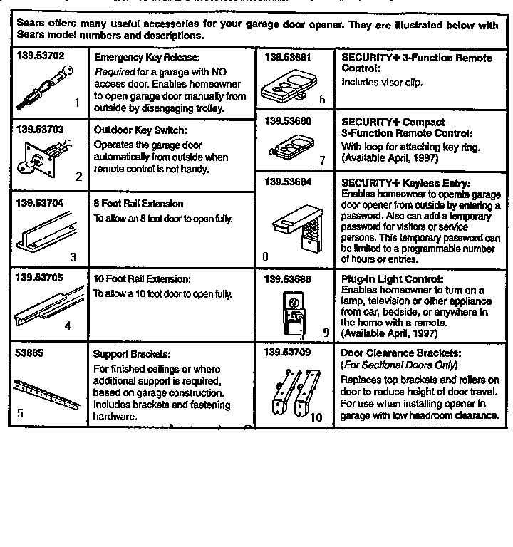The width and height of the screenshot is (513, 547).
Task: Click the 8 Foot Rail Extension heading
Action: point(138,204)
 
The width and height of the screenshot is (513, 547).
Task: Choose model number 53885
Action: point(27,353)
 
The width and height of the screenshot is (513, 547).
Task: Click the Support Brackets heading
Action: point(132,354)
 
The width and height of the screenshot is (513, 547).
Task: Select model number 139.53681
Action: point(288,56)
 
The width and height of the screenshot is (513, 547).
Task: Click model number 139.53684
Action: point(288,182)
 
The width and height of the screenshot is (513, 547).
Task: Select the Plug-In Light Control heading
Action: point(392,279)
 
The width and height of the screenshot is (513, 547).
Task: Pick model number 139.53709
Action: point(288,352)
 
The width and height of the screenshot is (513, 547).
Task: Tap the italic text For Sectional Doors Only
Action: point(399,365)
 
